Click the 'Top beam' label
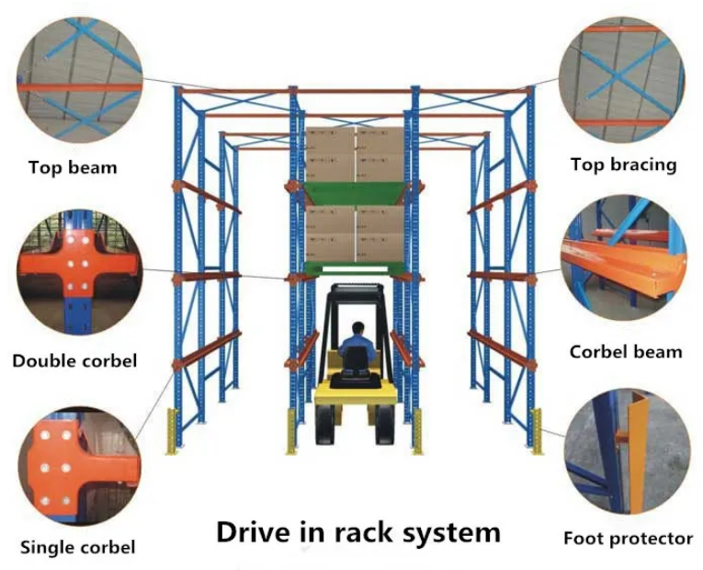coord(73,168)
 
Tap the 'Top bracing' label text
coord(623,165)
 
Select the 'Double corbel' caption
coord(74,360)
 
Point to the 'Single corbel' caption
coord(77,547)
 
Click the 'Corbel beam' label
coord(625,351)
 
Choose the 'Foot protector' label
coord(628,538)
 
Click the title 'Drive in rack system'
coord(358,532)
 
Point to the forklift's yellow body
coord(355,395)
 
